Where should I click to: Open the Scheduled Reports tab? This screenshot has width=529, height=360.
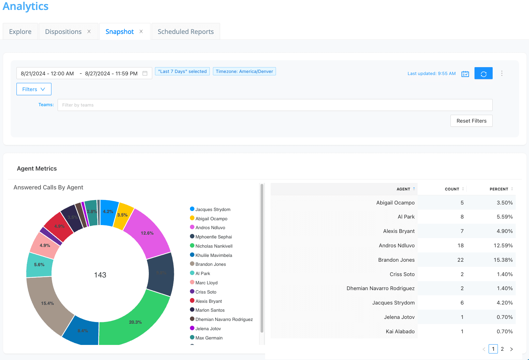[x=185, y=32]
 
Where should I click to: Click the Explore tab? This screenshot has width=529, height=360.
[x=20, y=32]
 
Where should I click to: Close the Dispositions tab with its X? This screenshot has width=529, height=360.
[x=89, y=32]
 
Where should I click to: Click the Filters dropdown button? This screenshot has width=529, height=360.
[x=34, y=89]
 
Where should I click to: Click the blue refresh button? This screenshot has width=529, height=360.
[x=483, y=73]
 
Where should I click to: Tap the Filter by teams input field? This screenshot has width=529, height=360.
[x=275, y=105]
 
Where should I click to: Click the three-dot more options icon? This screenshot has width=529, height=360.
[x=502, y=73]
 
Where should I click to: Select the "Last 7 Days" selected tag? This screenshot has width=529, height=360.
[x=182, y=71]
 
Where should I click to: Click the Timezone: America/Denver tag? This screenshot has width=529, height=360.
[x=244, y=71]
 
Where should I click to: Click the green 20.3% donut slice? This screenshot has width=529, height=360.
[x=135, y=322]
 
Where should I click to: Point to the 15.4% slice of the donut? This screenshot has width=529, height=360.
[x=48, y=303]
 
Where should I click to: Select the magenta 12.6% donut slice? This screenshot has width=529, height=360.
[x=147, y=233]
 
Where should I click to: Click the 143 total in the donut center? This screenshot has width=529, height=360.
[x=100, y=275]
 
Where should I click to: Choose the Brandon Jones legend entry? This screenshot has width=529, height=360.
[x=211, y=264]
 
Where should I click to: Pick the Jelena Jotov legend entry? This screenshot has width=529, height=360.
[x=208, y=328]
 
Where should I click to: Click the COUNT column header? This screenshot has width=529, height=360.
[x=452, y=189]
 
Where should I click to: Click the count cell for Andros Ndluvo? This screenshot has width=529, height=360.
[x=460, y=246]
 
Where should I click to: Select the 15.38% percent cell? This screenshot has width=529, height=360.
[x=503, y=260]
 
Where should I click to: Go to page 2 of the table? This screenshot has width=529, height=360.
[x=502, y=349]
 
